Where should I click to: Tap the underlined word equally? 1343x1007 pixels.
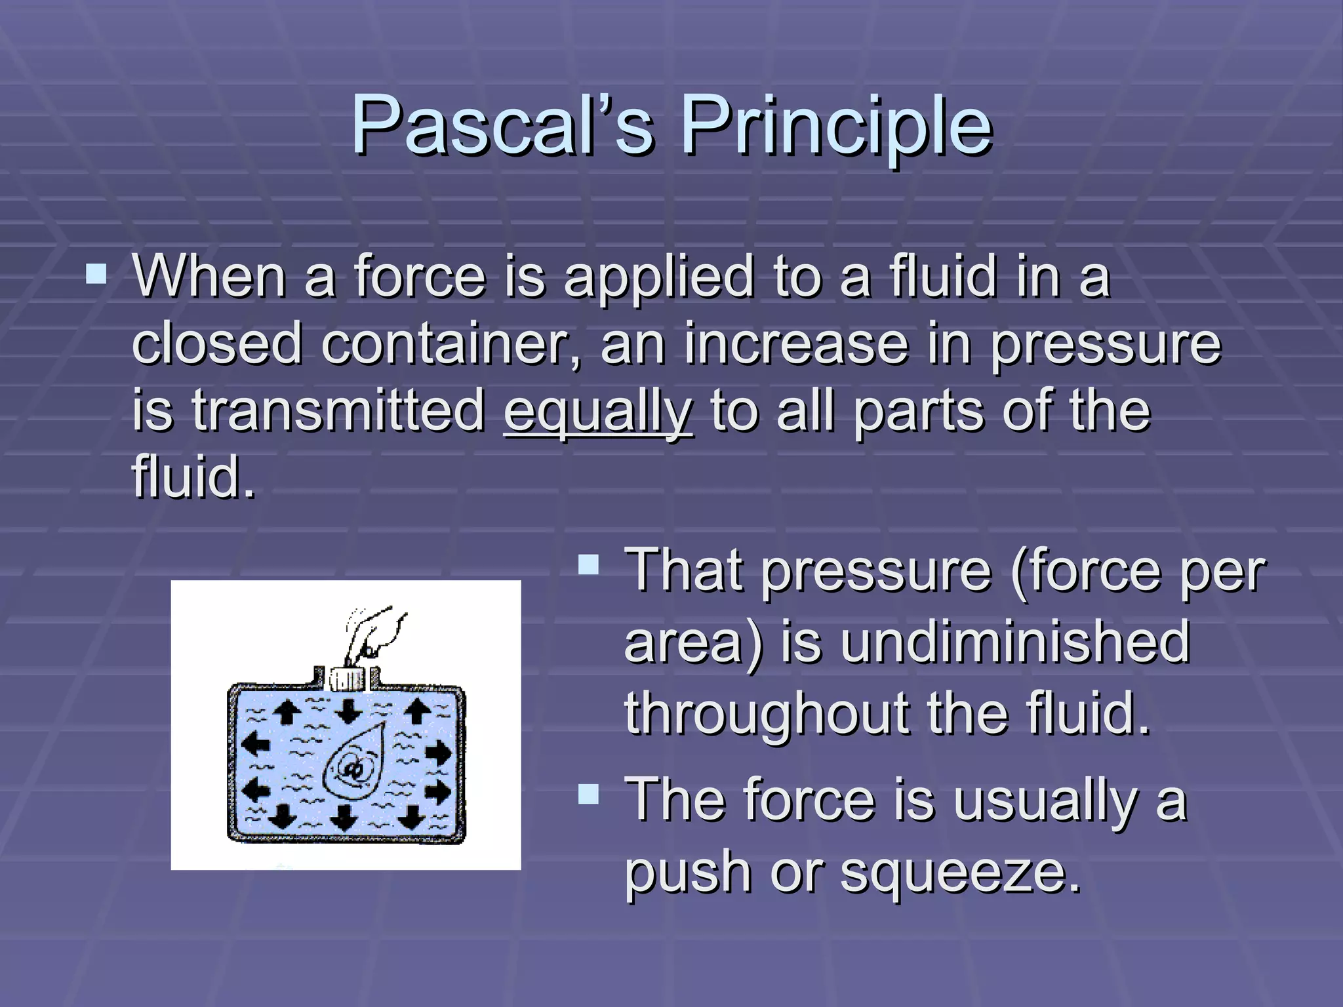[597, 412]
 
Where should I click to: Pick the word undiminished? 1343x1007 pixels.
[1015, 642]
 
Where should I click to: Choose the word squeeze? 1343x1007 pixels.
[960, 871]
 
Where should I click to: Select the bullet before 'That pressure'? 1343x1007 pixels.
[589, 565]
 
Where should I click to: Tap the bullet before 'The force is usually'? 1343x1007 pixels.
[589, 795]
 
